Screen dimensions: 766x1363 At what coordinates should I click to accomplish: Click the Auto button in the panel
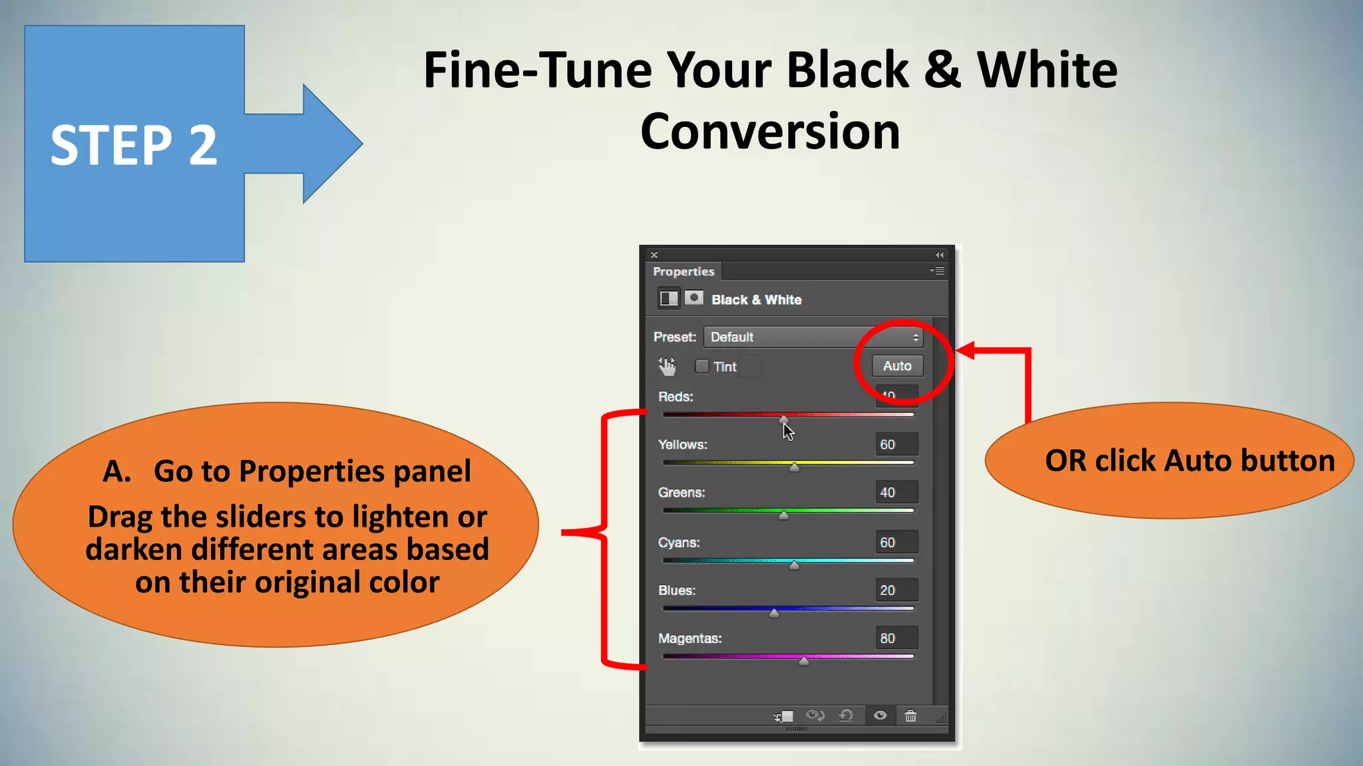[x=897, y=366]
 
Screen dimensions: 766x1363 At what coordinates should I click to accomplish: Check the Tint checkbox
[x=701, y=366]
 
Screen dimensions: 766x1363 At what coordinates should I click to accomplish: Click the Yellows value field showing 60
[x=896, y=444]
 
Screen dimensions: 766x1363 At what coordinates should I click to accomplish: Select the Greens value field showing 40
[x=896, y=493]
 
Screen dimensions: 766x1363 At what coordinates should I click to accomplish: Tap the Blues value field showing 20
[x=896, y=590]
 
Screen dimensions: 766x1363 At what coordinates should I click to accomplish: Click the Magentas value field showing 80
[x=896, y=638]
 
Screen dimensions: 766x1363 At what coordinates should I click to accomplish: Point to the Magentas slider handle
[x=804, y=661]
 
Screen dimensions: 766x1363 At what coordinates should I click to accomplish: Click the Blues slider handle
[x=774, y=613]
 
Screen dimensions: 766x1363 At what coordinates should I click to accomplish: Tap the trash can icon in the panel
[x=910, y=716]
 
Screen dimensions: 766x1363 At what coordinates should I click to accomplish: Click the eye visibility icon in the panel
[x=880, y=715]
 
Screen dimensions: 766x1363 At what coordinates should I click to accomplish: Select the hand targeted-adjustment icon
[x=667, y=366]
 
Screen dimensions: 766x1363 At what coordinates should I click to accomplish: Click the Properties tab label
[x=683, y=271]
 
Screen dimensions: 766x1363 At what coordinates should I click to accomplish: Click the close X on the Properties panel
[x=654, y=255]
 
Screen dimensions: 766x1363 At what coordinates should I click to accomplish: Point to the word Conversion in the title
[x=770, y=132]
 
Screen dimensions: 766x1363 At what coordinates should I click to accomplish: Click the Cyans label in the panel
[x=679, y=543]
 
